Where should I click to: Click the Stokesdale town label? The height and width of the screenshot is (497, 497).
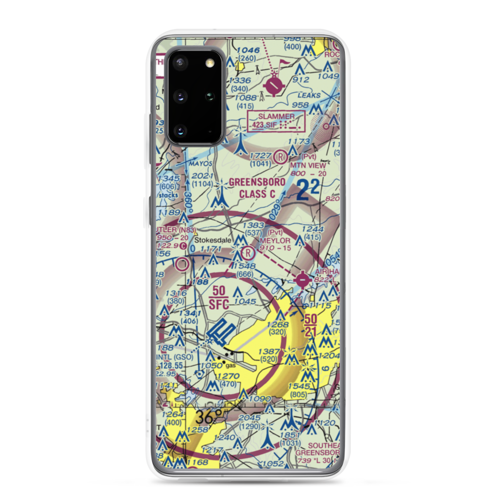pyautogui.click(x=211, y=240)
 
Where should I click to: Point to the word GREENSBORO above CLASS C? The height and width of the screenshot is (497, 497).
pyautogui.click(x=257, y=182)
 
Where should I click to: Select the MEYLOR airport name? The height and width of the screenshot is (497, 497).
pyautogui.click(x=274, y=240)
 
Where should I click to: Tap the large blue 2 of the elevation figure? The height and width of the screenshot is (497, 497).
pyautogui.click(x=302, y=191)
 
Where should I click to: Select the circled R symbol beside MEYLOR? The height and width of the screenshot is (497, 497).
pyautogui.click(x=248, y=254)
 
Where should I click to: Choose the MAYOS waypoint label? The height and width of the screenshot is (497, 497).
pyautogui.click(x=201, y=163)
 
